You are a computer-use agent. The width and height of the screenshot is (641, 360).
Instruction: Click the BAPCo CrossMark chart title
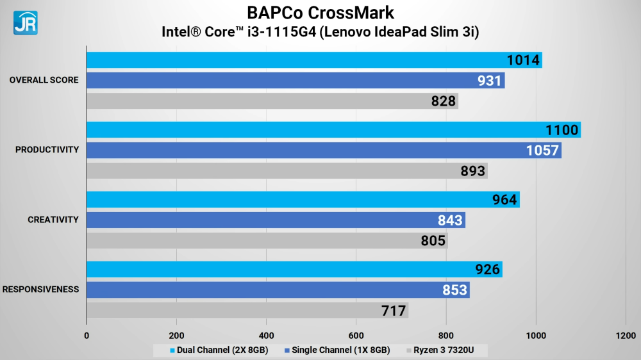pyautogui.click(x=320, y=13)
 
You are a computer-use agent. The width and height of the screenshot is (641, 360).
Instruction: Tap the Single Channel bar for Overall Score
pyautogui.click(x=295, y=81)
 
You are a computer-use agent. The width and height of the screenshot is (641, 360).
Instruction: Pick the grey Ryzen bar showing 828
pyautogui.click(x=272, y=101)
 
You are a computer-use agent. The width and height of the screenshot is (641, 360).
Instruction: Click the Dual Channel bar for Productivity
pyautogui.click(x=333, y=130)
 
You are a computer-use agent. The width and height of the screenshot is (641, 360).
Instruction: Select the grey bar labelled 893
pyautogui.click(x=287, y=170)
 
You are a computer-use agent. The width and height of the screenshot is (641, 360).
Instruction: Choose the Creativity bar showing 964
pyautogui.click(x=303, y=200)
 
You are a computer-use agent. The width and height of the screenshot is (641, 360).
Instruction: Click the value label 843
pyautogui.click(x=450, y=220)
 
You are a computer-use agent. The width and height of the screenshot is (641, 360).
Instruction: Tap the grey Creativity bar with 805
pyautogui.click(x=267, y=240)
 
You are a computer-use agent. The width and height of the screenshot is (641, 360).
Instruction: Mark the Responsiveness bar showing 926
pyautogui.click(x=294, y=270)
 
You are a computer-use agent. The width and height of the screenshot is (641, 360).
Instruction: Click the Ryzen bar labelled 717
pyautogui.click(x=247, y=311)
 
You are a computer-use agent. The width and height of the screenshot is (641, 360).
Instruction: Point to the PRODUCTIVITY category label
pyautogui.click(x=47, y=150)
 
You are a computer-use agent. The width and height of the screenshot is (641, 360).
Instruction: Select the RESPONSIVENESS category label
pyautogui.click(x=40, y=290)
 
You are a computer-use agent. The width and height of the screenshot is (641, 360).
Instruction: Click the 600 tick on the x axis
pyautogui.click(x=356, y=335)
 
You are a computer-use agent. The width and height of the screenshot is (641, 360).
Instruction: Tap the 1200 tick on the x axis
pyautogui.click(x=626, y=335)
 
